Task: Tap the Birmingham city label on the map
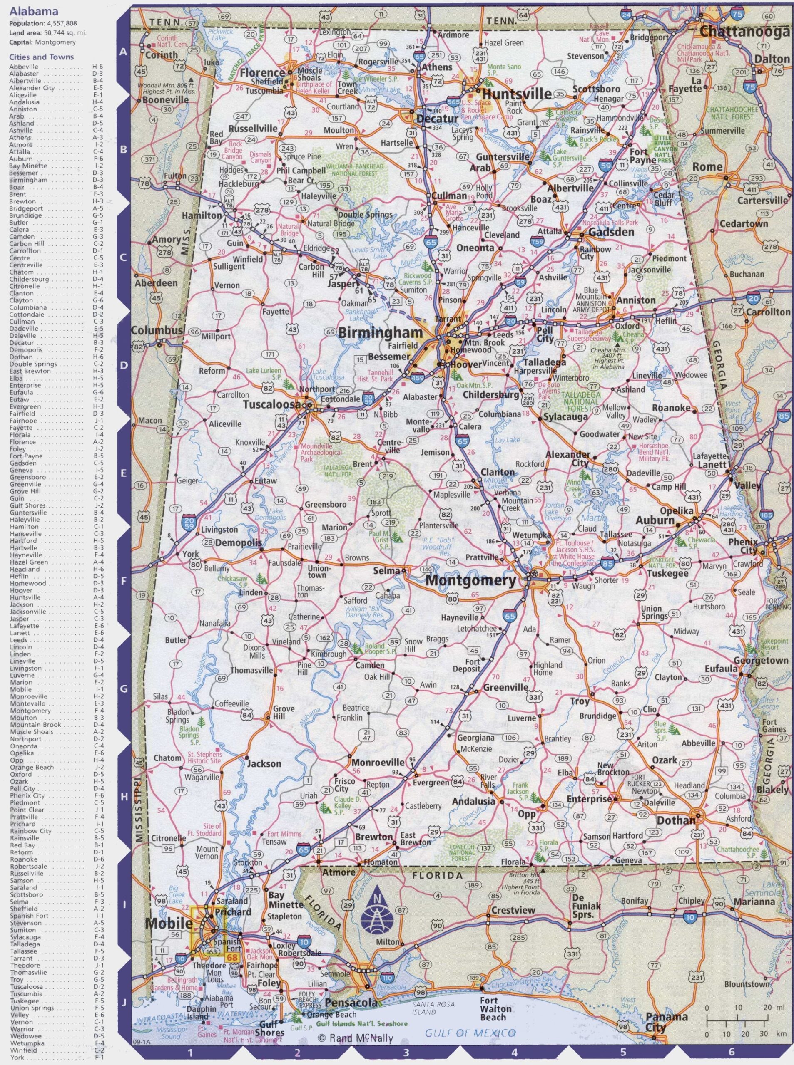pos(381,333)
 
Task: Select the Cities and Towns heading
pos(41,57)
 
